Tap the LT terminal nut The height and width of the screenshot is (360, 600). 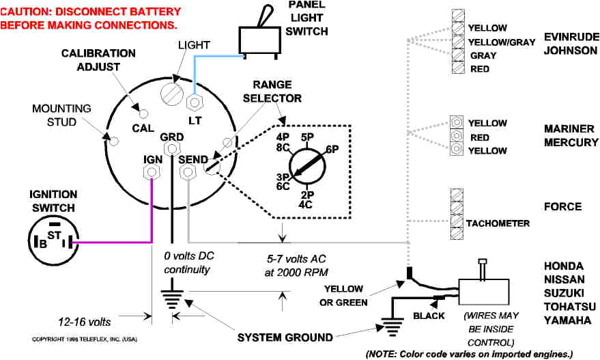coord(195,102)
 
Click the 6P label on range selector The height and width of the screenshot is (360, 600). coord(332,149)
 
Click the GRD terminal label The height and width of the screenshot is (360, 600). coord(171,137)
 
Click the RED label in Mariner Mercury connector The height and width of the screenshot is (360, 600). coord(479,137)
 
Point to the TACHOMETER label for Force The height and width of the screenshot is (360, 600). coord(498,223)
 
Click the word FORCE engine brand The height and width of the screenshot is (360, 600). coord(562,207)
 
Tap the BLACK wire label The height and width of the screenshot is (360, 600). coord(429,316)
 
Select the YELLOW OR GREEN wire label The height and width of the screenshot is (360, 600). coord(353,295)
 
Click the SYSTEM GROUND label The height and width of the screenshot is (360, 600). coord(285,337)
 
